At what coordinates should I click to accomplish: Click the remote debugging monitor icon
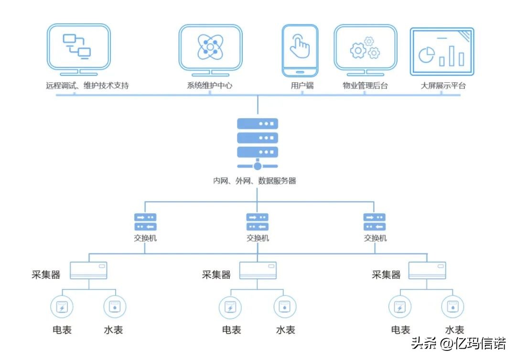79,48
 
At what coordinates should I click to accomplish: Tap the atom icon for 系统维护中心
211,48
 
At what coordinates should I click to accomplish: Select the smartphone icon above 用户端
300,50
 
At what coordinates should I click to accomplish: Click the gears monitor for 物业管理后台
365,48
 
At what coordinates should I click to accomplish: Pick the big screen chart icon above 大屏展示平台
442,52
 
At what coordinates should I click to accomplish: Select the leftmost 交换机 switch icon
145,222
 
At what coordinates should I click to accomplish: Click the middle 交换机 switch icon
258,222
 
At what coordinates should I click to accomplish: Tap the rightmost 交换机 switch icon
375,222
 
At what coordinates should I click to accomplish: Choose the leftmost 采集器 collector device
88,270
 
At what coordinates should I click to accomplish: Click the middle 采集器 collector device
258,270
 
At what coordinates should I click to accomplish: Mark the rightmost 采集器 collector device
427,270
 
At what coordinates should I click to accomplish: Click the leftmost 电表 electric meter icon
62,307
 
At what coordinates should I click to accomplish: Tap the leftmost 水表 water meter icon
115,307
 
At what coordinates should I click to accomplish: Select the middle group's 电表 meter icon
230,307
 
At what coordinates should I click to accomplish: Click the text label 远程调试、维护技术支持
87,86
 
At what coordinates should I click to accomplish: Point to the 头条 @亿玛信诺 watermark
458,343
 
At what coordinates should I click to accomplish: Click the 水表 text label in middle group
285,330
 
